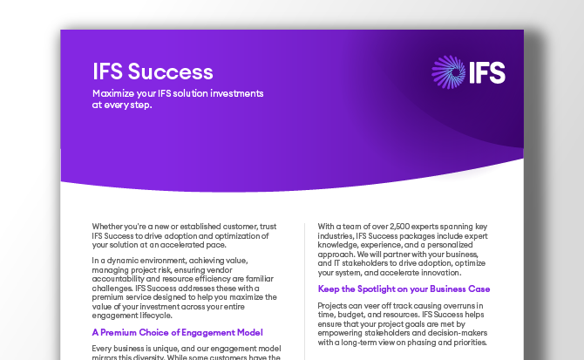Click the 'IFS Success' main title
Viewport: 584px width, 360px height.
coord(153,72)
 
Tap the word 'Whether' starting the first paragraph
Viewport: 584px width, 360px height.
coord(109,227)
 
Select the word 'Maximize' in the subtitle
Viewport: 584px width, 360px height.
coord(114,93)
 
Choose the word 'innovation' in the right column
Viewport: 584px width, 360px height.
coord(451,272)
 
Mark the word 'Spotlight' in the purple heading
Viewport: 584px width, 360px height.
coord(381,289)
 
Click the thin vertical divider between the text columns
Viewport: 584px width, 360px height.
coord(304,288)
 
